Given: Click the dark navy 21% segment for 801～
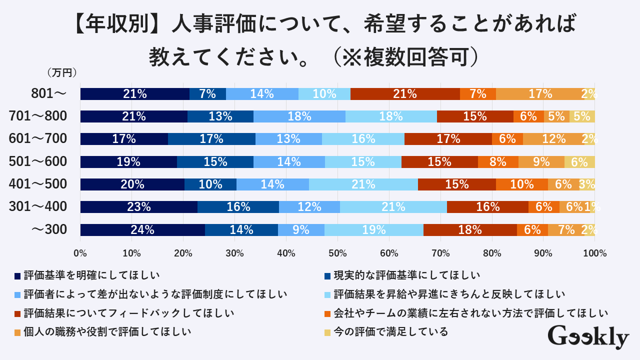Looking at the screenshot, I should tap(135, 93).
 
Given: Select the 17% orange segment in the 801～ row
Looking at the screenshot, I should tap(539, 93).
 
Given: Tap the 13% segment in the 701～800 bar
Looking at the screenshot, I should tap(220, 116).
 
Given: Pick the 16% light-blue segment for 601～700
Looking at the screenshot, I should tap(363, 139).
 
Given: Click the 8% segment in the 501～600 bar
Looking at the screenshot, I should tap(498, 162).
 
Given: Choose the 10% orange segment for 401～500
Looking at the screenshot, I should tap(521, 184).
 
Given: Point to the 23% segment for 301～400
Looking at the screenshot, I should tap(138, 207).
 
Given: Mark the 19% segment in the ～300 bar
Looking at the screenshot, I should tap(373, 230).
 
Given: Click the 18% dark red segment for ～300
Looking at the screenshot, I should tap(470, 230).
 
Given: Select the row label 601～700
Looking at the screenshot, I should tap(38, 139).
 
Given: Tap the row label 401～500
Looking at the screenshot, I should tap(38, 184).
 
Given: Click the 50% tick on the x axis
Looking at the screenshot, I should tap(337, 253).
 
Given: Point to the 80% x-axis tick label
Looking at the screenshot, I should tap(492, 253).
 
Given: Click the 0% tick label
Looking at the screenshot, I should tap(80, 253).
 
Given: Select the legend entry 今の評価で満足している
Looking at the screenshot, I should tap(390, 331).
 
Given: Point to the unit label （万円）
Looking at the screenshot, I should tap(62, 73).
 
